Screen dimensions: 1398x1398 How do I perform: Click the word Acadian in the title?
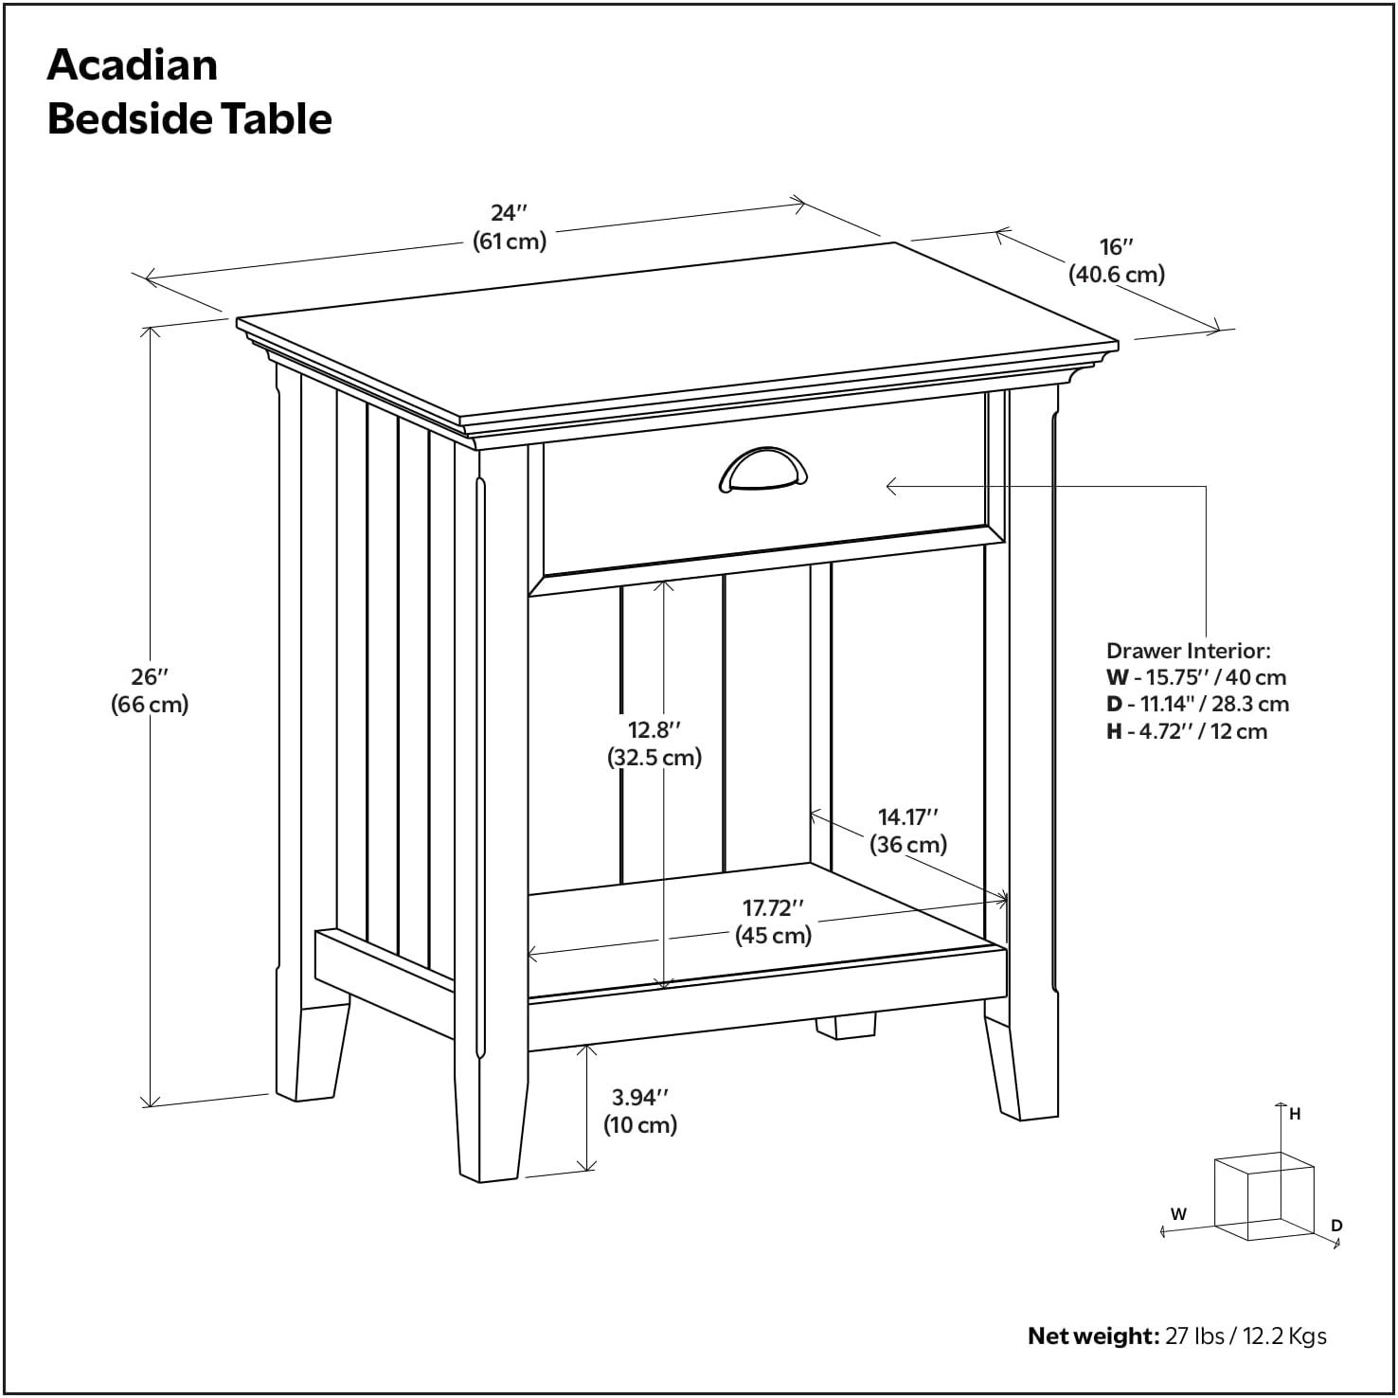[133, 64]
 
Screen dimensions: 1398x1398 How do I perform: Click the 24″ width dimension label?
[510, 213]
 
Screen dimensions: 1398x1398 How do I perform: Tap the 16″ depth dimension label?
[1117, 247]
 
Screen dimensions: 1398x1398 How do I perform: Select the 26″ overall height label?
[150, 677]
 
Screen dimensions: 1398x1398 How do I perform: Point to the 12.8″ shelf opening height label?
[654, 730]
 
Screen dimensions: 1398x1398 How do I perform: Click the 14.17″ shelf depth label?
[907, 816]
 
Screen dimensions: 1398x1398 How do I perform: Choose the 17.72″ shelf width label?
[773, 908]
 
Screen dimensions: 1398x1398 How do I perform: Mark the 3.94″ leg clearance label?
[640, 1098]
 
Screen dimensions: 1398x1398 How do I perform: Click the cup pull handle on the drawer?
[762, 471]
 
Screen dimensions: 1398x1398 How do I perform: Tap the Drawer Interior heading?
[1188, 651]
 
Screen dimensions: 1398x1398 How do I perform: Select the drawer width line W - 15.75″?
[1196, 677]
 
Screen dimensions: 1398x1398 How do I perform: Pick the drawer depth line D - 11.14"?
[1197, 704]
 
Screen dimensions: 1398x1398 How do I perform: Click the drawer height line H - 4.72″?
[1186, 731]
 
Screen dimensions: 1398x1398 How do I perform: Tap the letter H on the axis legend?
[1295, 1115]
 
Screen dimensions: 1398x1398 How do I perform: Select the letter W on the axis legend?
[1178, 1213]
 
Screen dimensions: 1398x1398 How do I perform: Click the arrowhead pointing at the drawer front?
[890, 486]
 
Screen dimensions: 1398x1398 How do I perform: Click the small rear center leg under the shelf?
[846, 1027]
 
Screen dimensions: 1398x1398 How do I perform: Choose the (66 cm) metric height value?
[150, 705]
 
